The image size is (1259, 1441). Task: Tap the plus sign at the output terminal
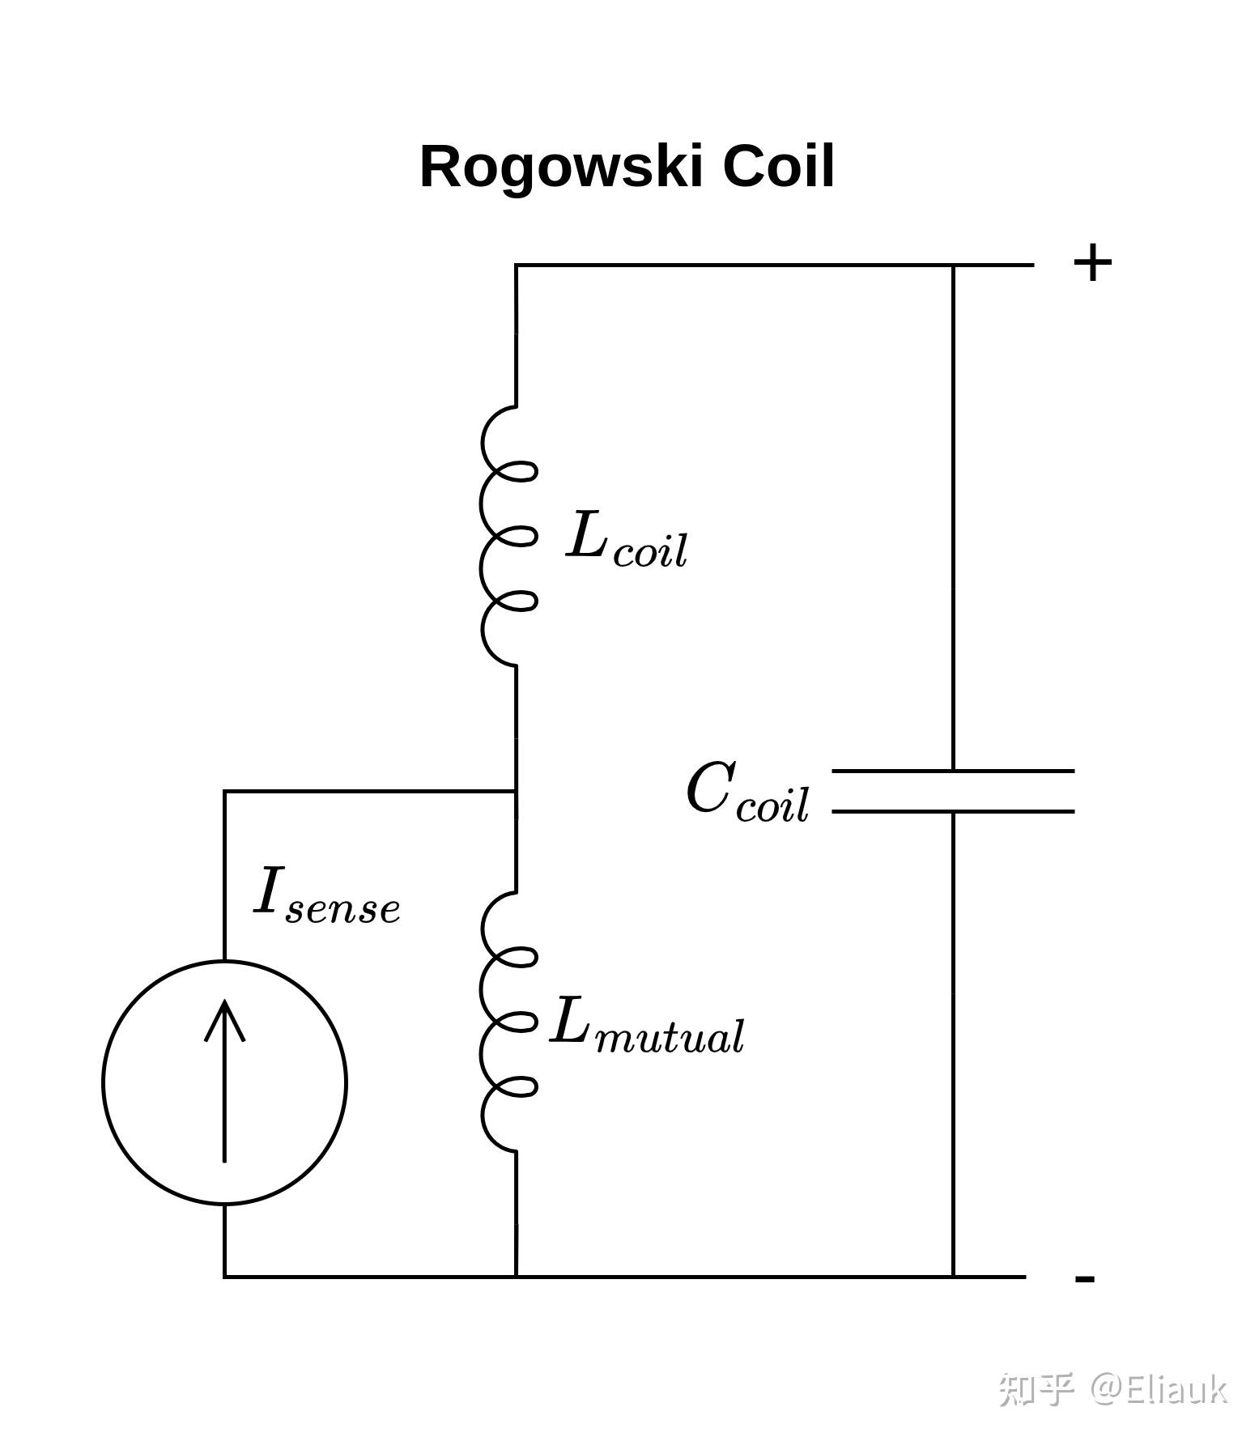pos(1092,263)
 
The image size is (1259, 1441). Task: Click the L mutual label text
pos(647,1024)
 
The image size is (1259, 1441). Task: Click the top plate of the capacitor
pos(953,771)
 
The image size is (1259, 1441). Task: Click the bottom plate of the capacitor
pos(953,810)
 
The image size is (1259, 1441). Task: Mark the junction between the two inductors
pos(516,791)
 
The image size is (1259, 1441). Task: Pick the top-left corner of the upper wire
pos(516,265)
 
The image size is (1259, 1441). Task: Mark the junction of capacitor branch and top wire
pos(953,265)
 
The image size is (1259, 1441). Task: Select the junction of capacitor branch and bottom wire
pos(953,1277)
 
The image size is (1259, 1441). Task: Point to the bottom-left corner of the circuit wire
pos(224,1277)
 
